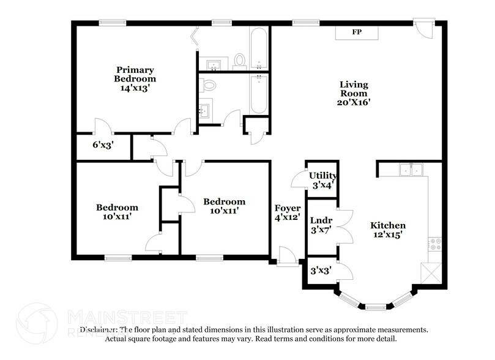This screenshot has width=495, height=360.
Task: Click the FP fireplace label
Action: click(x=356, y=32)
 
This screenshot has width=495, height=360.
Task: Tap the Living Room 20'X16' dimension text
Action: click(x=354, y=103)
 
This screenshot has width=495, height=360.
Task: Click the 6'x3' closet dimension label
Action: click(x=103, y=146)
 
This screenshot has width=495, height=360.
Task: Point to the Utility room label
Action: click(x=322, y=176)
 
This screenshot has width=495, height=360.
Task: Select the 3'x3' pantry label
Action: click(x=321, y=270)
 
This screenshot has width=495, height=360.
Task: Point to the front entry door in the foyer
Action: click(x=286, y=257)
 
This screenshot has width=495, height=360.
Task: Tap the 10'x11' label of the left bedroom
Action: click(x=116, y=216)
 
